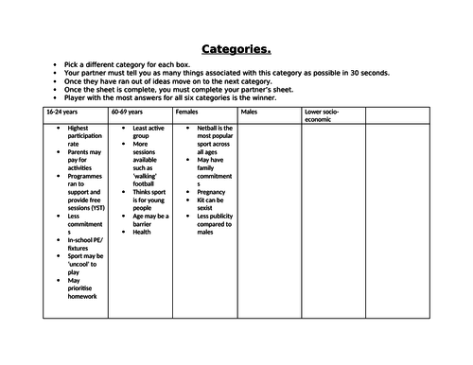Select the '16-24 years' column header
64,113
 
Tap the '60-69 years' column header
129,113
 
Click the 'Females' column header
187,113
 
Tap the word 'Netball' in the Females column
209,127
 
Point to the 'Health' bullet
142,232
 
